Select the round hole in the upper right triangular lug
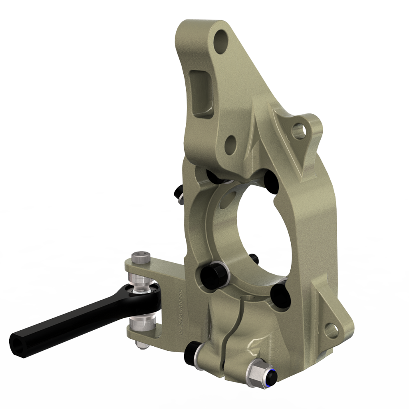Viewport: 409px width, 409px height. [298, 131]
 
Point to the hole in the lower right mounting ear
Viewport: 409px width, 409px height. [331, 329]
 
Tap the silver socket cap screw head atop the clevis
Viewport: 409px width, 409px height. [141, 258]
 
